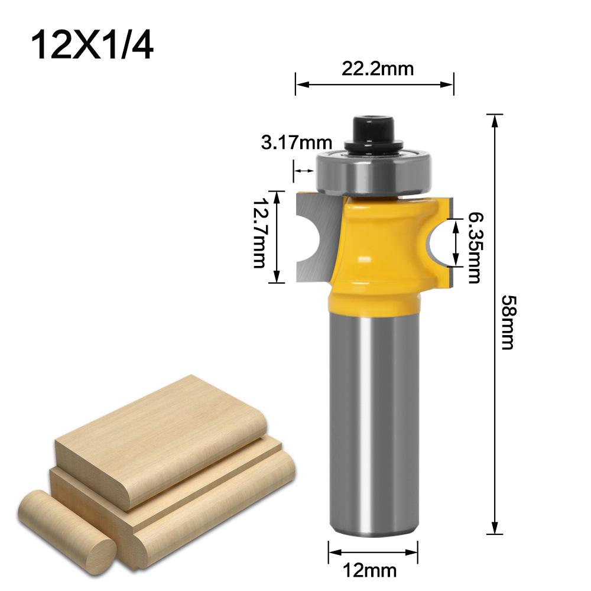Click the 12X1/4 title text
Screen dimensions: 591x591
92,44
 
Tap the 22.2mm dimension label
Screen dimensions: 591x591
376,70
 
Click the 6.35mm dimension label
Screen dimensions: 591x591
473,248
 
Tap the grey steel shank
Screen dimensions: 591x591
375,414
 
